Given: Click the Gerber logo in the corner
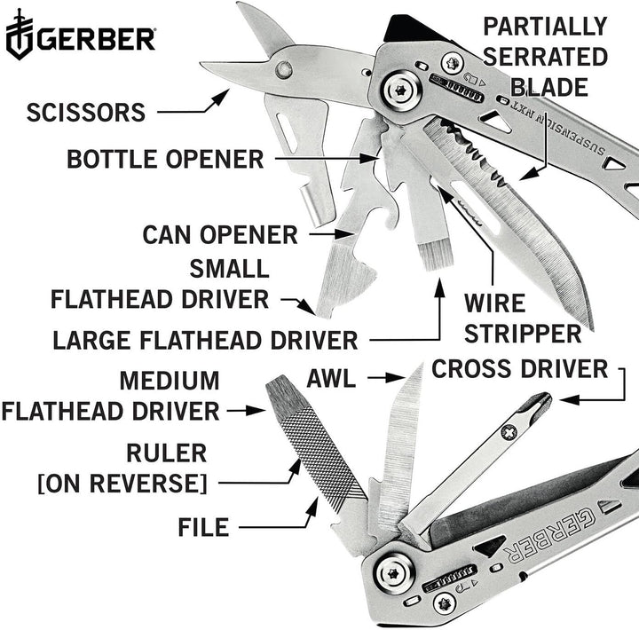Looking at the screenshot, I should pos(81,38).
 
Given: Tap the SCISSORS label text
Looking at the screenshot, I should pos(85,113).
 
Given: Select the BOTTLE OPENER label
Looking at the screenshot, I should pos(165,160).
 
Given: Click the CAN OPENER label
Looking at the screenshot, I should pos(220,235).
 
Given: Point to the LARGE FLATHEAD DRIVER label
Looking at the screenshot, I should pos(205,339).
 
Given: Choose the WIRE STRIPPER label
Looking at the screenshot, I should pos(522,319).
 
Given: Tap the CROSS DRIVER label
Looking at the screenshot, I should pos(519,368).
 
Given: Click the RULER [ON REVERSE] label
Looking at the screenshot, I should pos(122,469).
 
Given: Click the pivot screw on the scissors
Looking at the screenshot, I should pos(283,68).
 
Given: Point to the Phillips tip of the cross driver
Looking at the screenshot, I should pos(509,432).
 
